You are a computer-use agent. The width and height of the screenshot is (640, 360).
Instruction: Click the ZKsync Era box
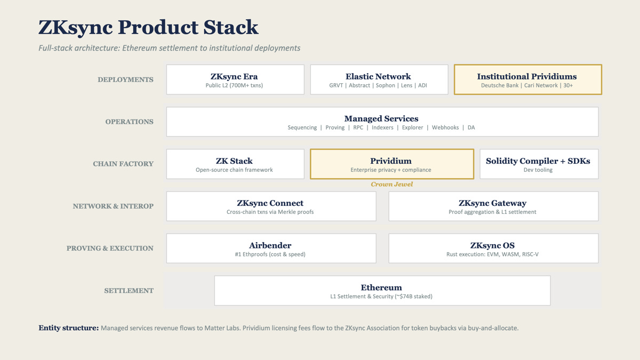235,79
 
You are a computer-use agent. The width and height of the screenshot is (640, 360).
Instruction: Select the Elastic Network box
379,79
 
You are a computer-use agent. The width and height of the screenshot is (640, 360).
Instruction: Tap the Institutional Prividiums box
527,79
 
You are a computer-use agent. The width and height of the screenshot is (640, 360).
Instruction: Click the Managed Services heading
381,118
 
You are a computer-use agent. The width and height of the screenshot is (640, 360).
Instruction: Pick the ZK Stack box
235,164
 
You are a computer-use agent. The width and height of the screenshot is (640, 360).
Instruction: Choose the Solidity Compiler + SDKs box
539,164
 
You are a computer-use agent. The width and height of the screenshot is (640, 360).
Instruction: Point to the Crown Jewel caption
392,185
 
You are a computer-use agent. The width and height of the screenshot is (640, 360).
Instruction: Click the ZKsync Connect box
270,206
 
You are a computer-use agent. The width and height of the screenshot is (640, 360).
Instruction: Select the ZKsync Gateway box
493,206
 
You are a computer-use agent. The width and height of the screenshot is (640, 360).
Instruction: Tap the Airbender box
270,248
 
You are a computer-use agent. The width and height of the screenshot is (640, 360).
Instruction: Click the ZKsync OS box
493,248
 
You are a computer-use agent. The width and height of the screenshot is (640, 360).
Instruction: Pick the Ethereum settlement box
382,291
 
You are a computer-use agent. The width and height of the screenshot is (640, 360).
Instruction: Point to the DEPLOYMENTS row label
125,80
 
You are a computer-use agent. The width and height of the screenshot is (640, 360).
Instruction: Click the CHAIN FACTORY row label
123,164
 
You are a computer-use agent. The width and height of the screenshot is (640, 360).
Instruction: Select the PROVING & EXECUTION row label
110,249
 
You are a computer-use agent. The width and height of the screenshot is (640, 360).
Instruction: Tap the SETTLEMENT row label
129,291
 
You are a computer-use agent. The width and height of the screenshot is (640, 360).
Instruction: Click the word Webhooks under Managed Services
445,128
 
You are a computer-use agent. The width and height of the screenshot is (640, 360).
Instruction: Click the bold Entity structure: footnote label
68,328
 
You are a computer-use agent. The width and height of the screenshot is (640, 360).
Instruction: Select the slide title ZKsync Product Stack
148,27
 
